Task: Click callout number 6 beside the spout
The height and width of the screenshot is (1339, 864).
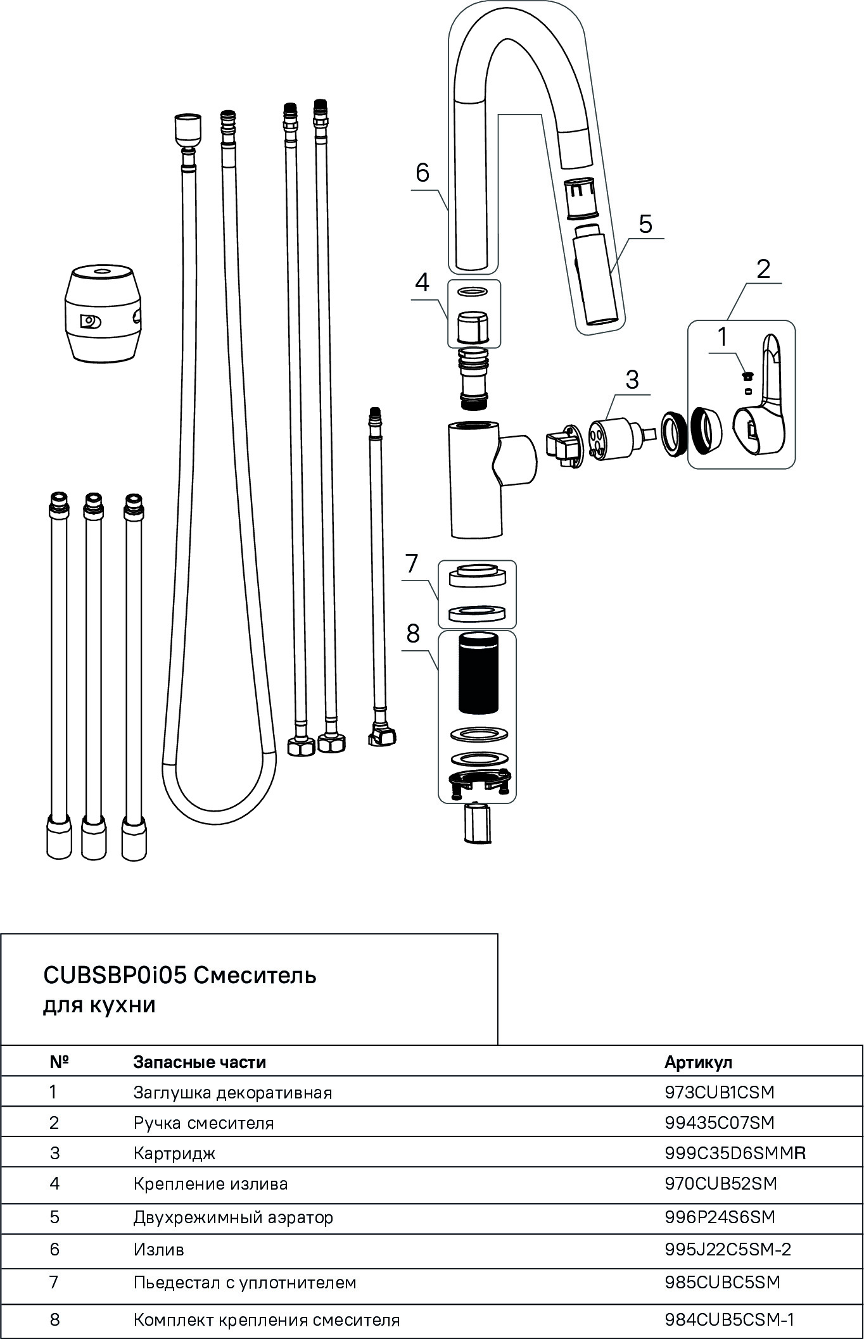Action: click(x=422, y=172)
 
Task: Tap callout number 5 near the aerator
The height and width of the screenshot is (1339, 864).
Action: click(x=645, y=223)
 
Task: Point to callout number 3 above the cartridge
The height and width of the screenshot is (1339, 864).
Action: click(x=632, y=379)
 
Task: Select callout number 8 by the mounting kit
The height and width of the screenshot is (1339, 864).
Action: click(x=413, y=633)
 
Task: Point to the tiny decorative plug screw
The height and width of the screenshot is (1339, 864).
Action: click(x=747, y=376)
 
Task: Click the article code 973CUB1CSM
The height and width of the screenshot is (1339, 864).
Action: click(x=720, y=1092)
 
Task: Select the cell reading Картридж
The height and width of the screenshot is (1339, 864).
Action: click(x=174, y=1153)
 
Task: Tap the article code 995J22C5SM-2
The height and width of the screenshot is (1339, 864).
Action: click(x=728, y=1249)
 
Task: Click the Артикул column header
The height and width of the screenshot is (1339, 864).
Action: click(x=698, y=1062)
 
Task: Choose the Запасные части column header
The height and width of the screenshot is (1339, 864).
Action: click(x=200, y=1062)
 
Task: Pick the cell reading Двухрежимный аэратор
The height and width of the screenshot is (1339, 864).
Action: click(x=233, y=1217)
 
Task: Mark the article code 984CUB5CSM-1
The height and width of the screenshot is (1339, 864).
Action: click(x=729, y=1319)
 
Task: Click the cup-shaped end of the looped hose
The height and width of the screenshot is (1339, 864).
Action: click(x=187, y=129)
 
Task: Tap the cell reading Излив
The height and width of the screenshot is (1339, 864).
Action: click(x=158, y=1249)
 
